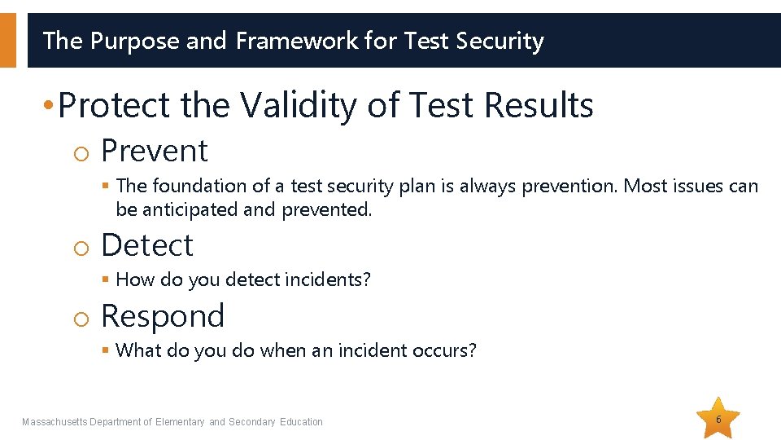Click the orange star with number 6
tap(718, 420)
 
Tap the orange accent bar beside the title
tap(7, 40)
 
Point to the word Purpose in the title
tap(135, 40)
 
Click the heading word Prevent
tap(154, 151)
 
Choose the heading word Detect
tap(146, 245)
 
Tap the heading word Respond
tap(162, 316)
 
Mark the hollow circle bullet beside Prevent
tap(79, 152)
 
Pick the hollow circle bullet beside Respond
tap(79, 317)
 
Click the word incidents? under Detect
tap(329, 279)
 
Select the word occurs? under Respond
tap(447, 350)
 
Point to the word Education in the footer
tap(301, 422)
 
